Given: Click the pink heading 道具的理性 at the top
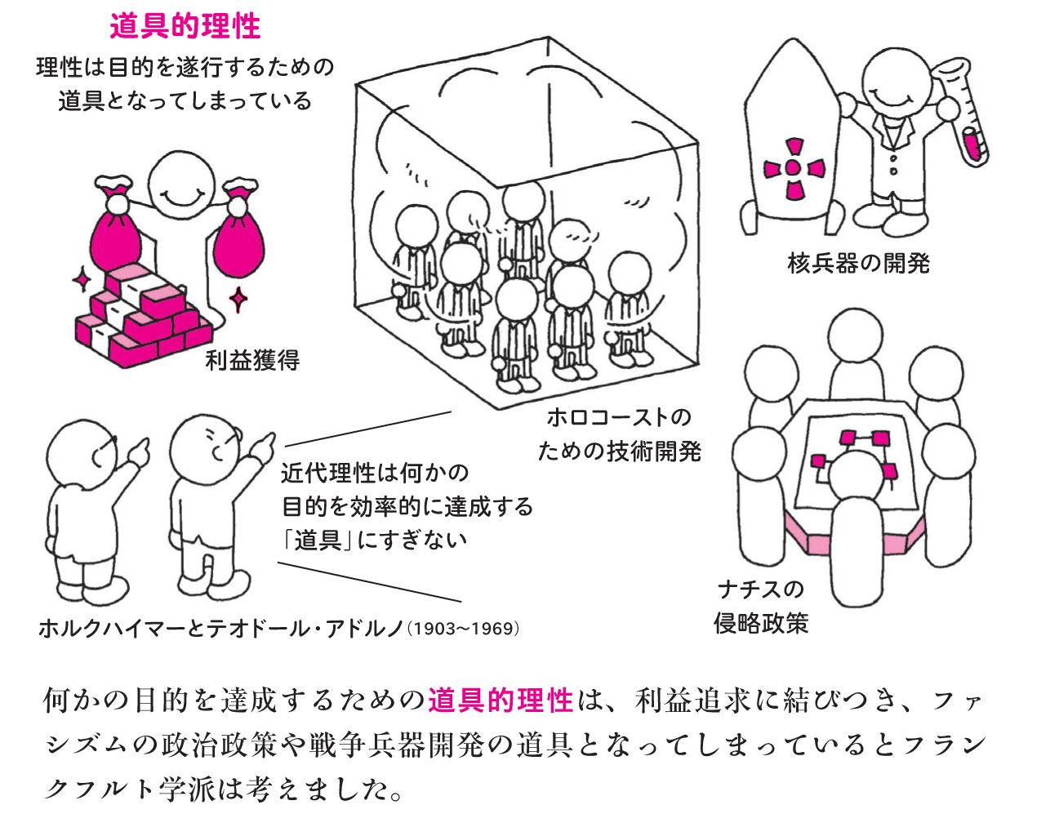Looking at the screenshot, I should (185, 27).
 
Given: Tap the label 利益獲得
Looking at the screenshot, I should (252, 359).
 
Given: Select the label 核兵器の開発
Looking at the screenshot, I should (858, 263).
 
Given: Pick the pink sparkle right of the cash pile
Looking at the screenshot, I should (238, 299).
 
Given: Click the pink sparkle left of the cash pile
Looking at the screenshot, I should (82, 281).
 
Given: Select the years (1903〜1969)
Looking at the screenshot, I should (463, 629).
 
